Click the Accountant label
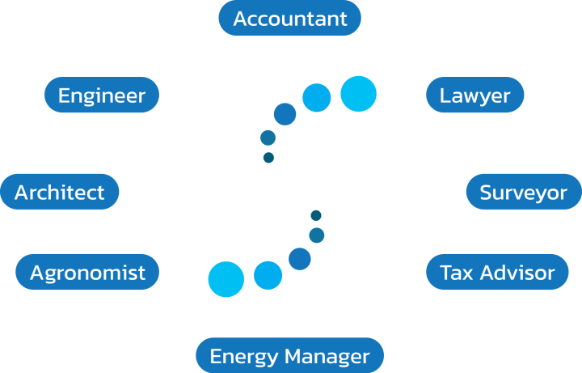pyautogui.click(x=290, y=18)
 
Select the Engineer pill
pyautogui.click(x=102, y=95)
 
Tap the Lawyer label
pyautogui.click(x=475, y=95)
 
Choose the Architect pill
pyautogui.click(x=60, y=192)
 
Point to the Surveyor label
pyautogui.click(x=524, y=192)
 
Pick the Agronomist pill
pyautogui.click(x=87, y=272)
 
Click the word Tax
pyautogui.click(x=457, y=273)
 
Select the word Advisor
pyautogui.click(x=517, y=273)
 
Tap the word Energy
pyautogui.click(x=244, y=357)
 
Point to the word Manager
pyautogui.click(x=327, y=357)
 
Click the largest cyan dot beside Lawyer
pyautogui.click(x=359, y=94)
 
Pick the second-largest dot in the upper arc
pyautogui.click(x=317, y=98)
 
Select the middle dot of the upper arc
pyautogui.click(x=285, y=114)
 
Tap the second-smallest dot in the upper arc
pyautogui.click(x=268, y=138)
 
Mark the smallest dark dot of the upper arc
pyautogui.click(x=268, y=158)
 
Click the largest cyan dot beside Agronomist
pyautogui.click(x=226, y=279)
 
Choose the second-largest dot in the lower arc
pyautogui.click(x=268, y=275)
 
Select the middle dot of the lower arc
pyautogui.click(x=300, y=259)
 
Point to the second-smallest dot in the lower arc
pyautogui.click(x=317, y=235)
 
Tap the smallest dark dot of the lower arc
pyautogui.click(x=316, y=215)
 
